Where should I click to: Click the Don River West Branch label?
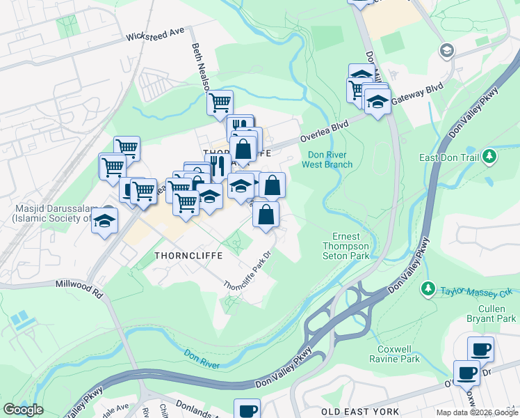coord(327,160)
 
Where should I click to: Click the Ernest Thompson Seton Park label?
coord(346,246)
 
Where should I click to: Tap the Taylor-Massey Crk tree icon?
coord(429,288)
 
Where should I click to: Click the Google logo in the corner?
coord(23,410)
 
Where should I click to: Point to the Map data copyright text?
coord(477,412)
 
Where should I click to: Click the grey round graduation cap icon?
coord(446,50)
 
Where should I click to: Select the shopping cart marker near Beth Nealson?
coord(220,103)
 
